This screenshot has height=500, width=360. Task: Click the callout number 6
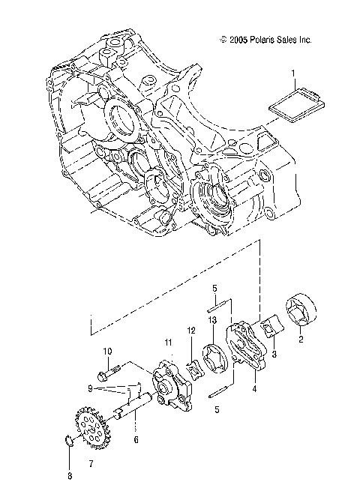(x=136, y=439)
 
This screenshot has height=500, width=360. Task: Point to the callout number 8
(x=69, y=475)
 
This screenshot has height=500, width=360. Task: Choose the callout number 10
(x=107, y=350)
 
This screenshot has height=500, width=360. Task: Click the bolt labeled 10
(x=108, y=370)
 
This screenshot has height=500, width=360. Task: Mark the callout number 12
(x=191, y=330)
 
